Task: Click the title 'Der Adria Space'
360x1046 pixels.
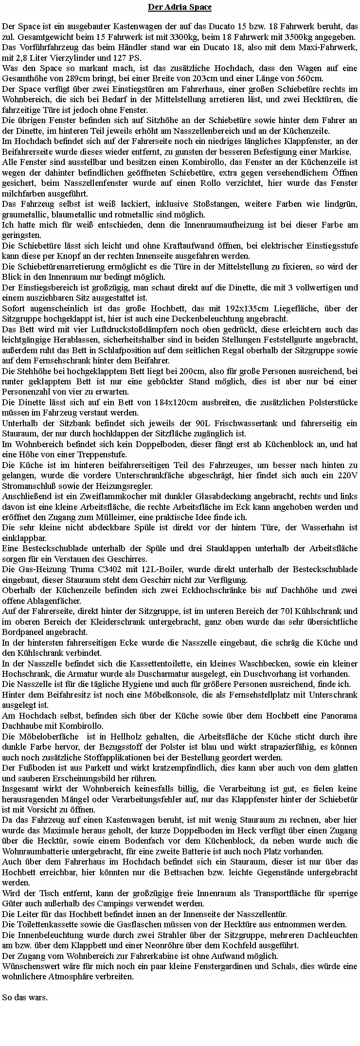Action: click(180, 7)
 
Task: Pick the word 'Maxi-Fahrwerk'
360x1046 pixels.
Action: click(334, 47)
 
